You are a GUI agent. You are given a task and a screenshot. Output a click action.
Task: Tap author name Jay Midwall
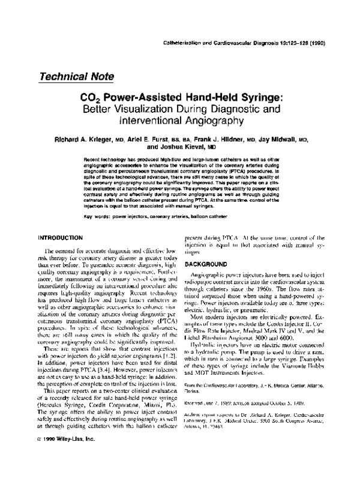click(x=281, y=139)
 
